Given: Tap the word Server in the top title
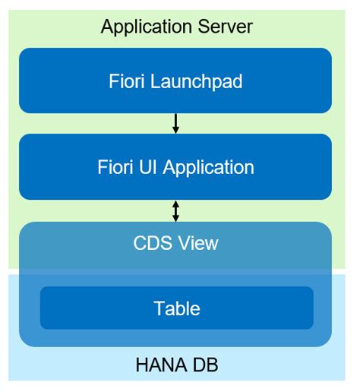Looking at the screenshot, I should tap(225, 27).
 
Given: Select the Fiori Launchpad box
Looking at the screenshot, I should tap(175, 81).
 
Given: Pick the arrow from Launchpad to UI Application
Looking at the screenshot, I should tap(175, 124).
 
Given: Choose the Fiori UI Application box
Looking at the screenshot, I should tap(175, 167).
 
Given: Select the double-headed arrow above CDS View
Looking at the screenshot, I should tap(175, 210).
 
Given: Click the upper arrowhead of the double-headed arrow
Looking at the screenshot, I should tap(175, 204).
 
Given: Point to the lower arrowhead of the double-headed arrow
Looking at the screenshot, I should tap(175, 218).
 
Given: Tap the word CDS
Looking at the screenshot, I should tap(151, 243).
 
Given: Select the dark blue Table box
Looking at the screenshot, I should tap(176, 308).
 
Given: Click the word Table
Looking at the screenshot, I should tap(176, 308).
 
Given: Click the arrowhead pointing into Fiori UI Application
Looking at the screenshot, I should tap(175, 131).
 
